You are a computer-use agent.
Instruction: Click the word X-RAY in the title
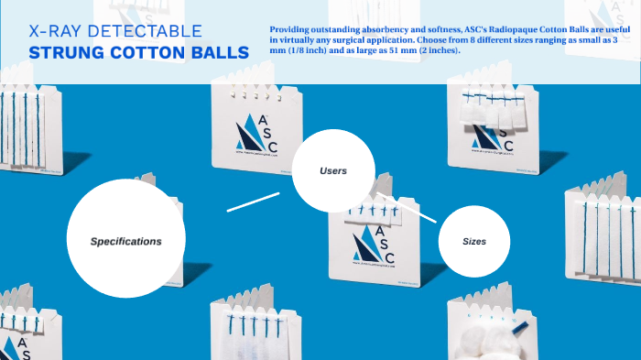[54, 31]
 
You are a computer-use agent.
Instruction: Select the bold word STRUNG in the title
[65, 53]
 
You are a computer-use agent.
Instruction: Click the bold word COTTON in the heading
[148, 53]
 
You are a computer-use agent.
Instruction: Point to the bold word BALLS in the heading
[221, 53]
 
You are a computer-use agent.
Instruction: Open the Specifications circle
[125, 240]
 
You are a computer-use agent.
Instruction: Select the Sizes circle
[473, 241]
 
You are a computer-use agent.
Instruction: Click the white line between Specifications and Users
[253, 202]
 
